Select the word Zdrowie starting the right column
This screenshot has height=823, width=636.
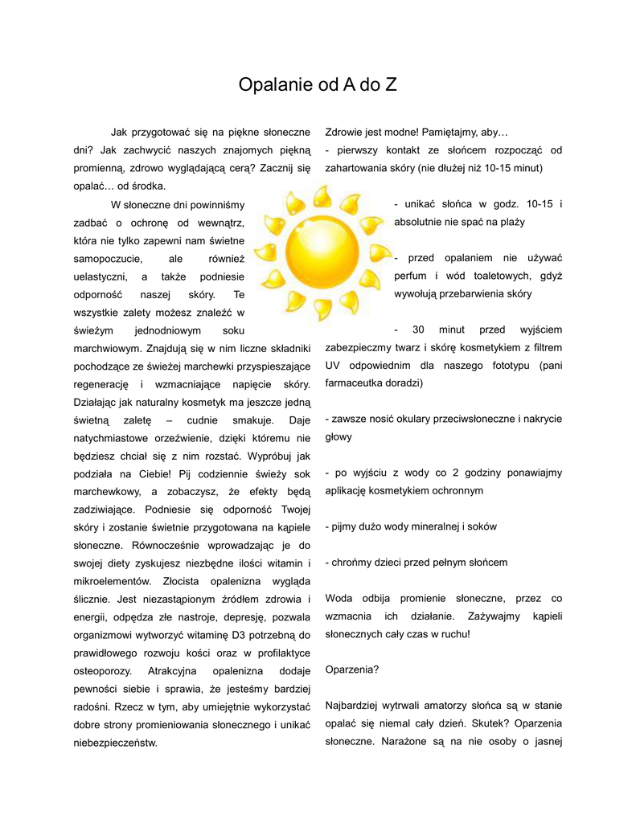point(344,132)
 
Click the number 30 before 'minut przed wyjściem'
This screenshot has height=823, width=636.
point(418,330)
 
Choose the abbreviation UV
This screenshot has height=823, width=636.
point(332,365)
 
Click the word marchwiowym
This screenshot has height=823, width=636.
point(105,349)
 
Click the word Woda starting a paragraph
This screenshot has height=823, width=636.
point(339,598)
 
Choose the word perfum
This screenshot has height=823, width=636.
point(411,276)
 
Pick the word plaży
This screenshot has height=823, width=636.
point(510,222)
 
